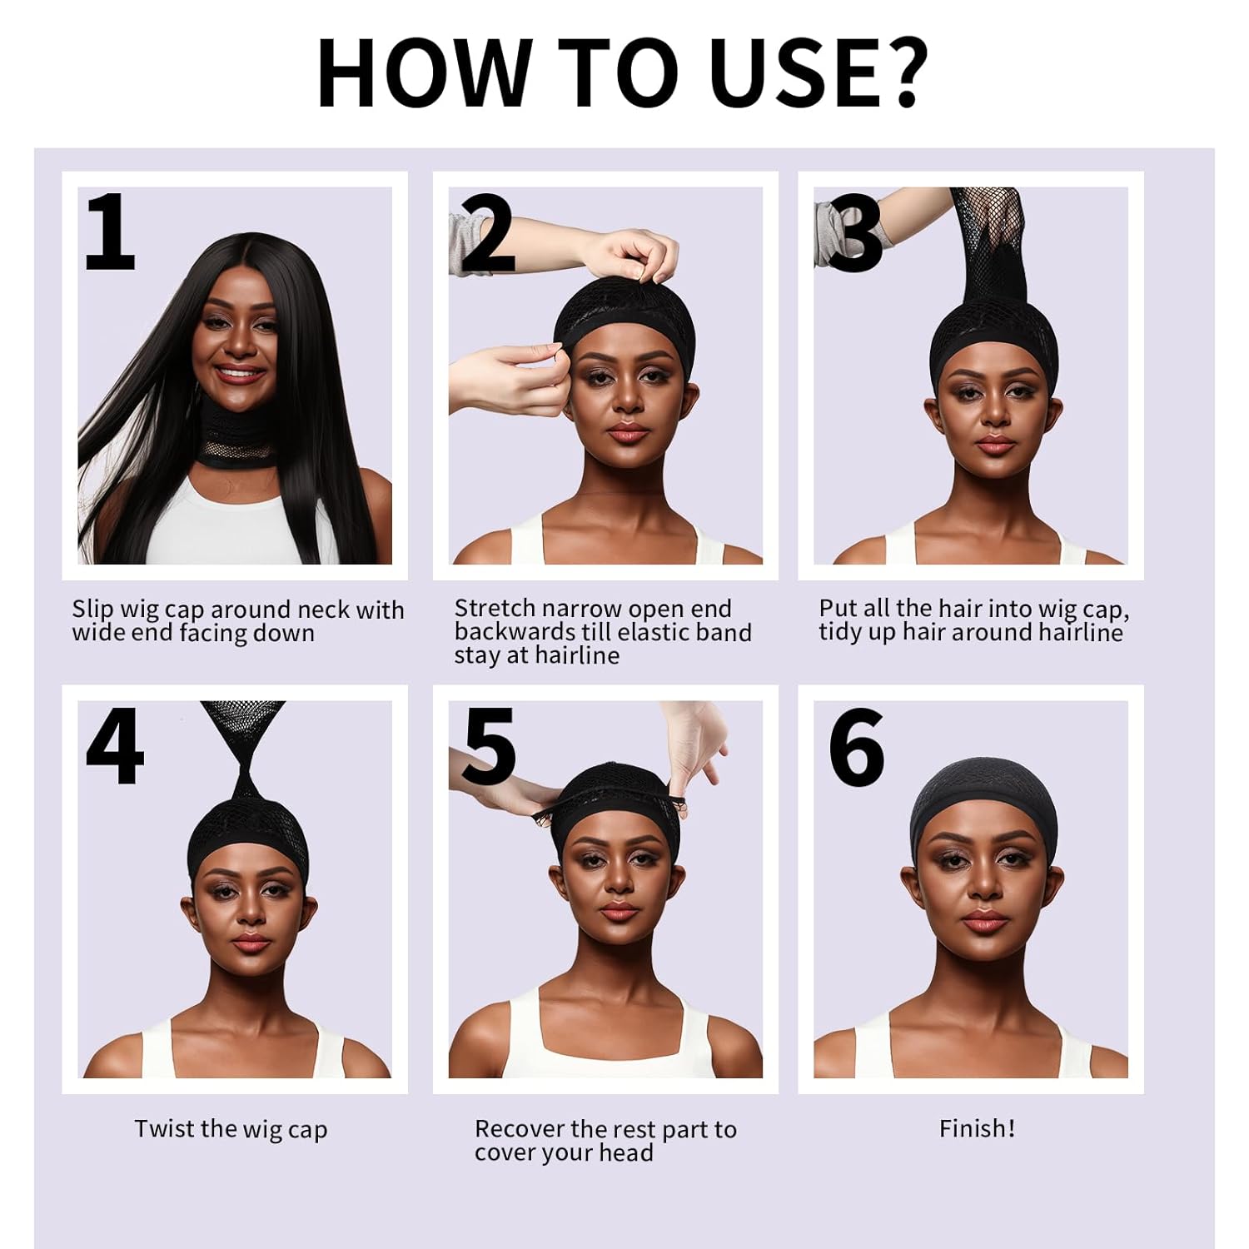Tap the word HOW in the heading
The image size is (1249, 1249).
pyautogui.click(x=425, y=72)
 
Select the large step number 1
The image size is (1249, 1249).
pyautogui.click(x=110, y=232)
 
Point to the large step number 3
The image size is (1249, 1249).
pyautogui.click(x=856, y=234)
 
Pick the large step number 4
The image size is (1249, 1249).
pyautogui.click(x=114, y=746)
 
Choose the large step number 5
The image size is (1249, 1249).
pyautogui.click(x=489, y=747)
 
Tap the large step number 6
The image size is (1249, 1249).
pyautogui.click(x=856, y=747)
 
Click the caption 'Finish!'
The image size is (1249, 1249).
pyautogui.click(x=977, y=1128)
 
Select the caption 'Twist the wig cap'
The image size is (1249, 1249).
pyautogui.click(x=231, y=1129)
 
